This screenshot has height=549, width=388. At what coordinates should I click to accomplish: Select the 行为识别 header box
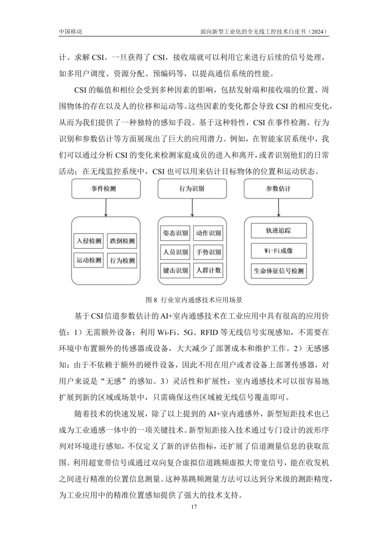click(192, 188)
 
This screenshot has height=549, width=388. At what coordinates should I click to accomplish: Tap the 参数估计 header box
click(278, 188)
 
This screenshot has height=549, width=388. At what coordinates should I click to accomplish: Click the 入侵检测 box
click(89, 241)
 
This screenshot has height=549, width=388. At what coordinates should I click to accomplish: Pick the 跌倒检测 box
click(123, 241)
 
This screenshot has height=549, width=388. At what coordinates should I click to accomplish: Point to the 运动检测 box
click(89, 260)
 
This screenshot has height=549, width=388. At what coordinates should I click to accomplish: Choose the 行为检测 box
click(123, 261)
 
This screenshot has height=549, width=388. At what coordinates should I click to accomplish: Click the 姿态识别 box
click(175, 233)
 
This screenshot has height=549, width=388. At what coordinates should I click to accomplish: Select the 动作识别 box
click(208, 233)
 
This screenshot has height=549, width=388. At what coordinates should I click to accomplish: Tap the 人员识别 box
click(175, 252)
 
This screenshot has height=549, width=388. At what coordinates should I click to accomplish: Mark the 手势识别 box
click(208, 252)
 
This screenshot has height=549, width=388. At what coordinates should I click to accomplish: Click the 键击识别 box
click(175, 270)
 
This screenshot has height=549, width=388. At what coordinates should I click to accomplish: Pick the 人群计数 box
click(208, 270)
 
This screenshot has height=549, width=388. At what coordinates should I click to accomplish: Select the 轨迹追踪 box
click(278, 231)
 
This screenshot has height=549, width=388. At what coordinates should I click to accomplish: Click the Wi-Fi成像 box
click(278, 251)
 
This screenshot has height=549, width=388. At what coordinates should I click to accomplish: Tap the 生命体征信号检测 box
click(278, 271)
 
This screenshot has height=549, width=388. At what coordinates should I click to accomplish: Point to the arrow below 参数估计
click(278, 207)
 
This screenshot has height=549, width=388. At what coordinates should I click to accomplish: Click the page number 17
click(194, 507)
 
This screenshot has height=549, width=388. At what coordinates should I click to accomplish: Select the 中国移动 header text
click(70, 32)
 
